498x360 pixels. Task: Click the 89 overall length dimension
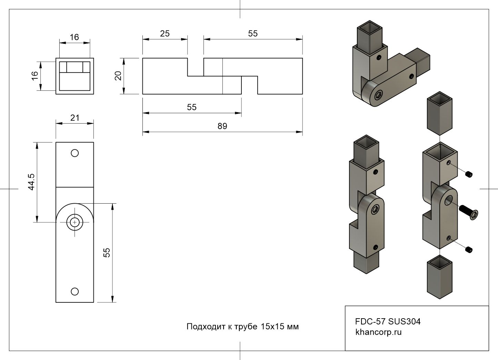[x=222, y=126]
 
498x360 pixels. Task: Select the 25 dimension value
[x=165, y=33]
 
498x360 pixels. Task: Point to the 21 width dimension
[x=75, y=118]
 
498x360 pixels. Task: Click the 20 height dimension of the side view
[x=118, y=76]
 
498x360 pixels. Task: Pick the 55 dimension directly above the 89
[x=192, y=107]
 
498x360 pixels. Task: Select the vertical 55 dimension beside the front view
[x=107, y=253]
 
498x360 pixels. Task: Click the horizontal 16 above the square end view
[x=74, y=37]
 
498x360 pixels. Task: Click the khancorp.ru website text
[x=378, y=332]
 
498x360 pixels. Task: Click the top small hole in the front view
[x=74, y=153]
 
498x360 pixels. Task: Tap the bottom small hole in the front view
[x=74, y=292]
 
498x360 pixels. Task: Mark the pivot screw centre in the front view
[x=74, y=222]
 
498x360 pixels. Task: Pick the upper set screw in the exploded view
[x=469, y=175]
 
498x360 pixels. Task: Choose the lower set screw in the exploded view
[x=468, y=249]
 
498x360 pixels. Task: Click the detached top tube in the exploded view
[x=440, y=114]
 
